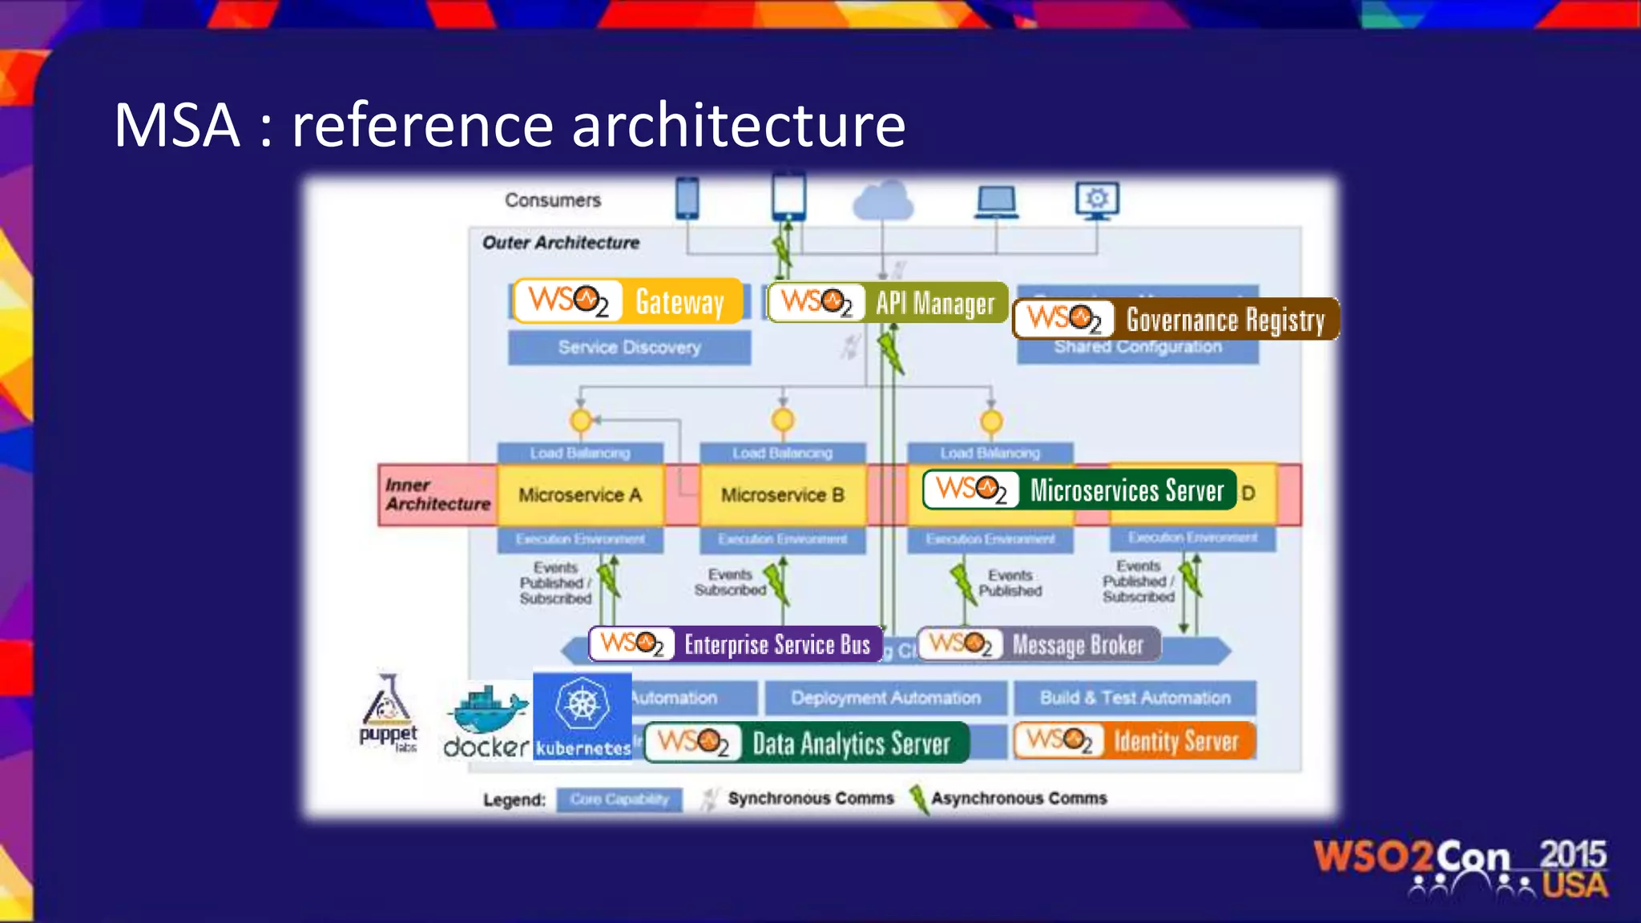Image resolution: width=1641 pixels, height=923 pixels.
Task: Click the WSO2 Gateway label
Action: (x=628, y=301)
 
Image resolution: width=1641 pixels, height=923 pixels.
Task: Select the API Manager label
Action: (x=887, y=303)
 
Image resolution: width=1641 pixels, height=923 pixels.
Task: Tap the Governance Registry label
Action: (x=1175, y=319)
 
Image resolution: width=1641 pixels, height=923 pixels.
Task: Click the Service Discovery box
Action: (x=629, y=348)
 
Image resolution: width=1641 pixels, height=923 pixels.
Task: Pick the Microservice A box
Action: (x=580, y=495)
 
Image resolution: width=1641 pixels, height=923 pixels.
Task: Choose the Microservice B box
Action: (x=783, y=495)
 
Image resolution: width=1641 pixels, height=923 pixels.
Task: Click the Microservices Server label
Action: (x=1079, y=490)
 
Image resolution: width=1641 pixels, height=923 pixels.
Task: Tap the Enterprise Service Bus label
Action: (x=736, y=644)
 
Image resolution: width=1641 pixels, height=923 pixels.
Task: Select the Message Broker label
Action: (x=1038, y=644)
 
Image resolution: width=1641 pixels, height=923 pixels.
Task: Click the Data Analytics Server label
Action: (x=806, y=743)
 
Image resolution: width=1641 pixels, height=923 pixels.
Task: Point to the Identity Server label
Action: (x=1134, y=741)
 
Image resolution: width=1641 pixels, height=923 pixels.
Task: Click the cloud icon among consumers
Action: (x=882, y=200)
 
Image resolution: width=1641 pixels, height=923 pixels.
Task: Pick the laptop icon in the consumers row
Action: (x=997, y=202)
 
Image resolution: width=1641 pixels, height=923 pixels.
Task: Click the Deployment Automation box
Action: (x=885, y=698)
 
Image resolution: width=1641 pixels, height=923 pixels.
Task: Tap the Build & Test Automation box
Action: (x=1135, y=698)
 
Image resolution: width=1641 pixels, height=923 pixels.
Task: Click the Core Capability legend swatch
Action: (x=619, y=800)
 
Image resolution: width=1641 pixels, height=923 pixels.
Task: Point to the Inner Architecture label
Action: (x=437, y=494)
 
